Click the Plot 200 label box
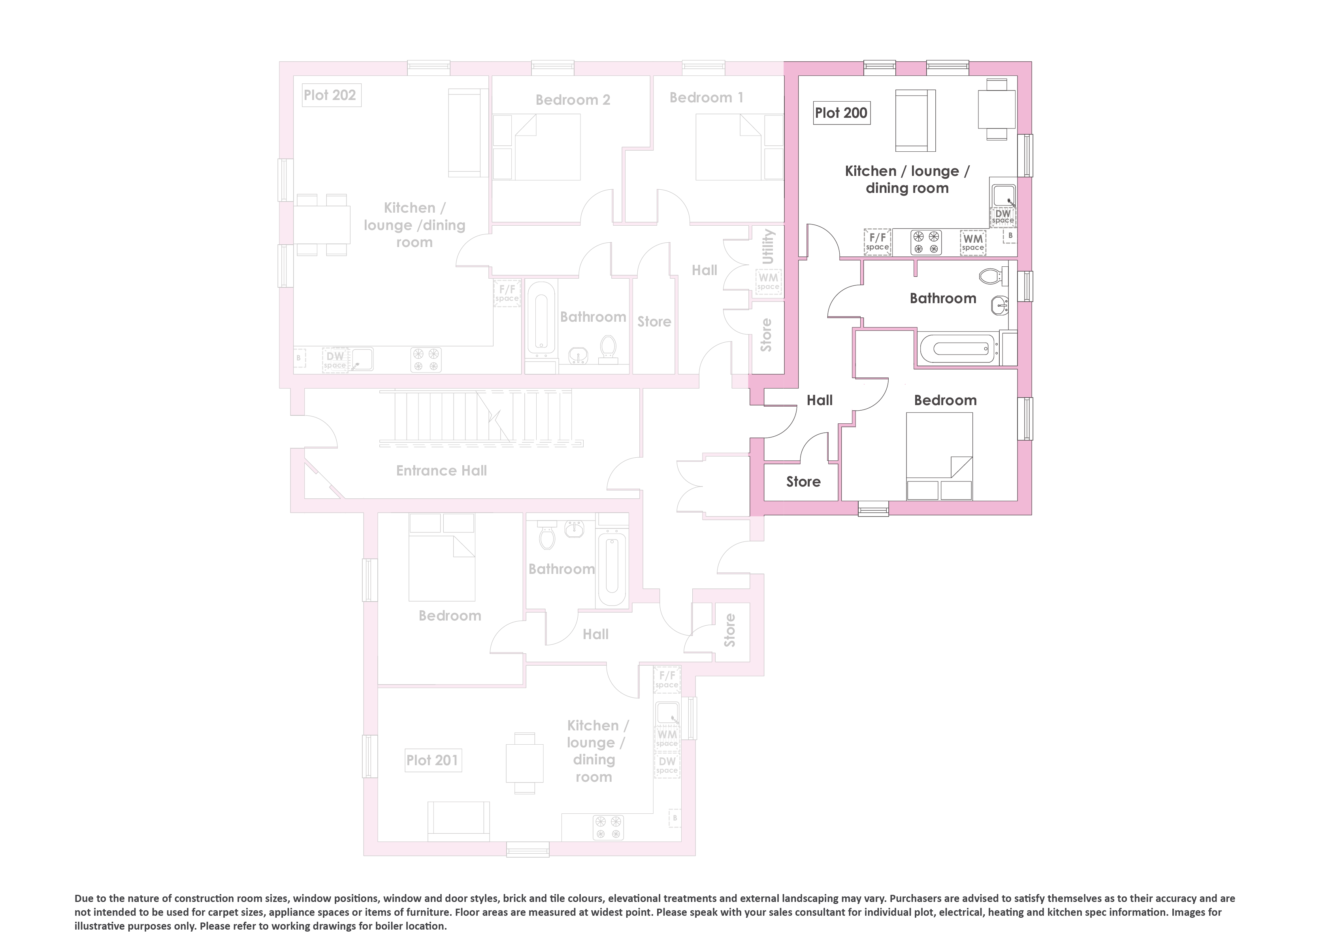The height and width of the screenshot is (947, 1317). pyautogui.click(x=841, y=113)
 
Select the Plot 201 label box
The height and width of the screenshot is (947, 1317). pyautogui.click(x=433, y=760)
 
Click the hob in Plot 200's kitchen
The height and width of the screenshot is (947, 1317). pyautogui.click(x=926, y=242)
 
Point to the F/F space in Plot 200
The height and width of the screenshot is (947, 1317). pyautogui.click(x=878, y=241)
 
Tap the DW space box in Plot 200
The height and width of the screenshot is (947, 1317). pyautogui.click(x=1003, y=216)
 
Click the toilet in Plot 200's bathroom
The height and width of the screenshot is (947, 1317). pyautogui.click(x=993, y=275)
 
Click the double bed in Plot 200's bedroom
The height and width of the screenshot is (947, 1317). pyautogui.click(x=940, y=456)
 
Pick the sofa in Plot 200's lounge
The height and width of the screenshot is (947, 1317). pyautogui.click(x=915, y=120)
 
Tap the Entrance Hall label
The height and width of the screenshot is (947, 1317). pyautogui.click(x=441, y=471)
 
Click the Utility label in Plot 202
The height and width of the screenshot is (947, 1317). pyautogui.click(x=768, y=247)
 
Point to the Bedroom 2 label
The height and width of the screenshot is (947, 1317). pyautogui.click(x=573, y=100)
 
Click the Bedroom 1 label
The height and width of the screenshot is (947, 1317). pyautogui.click(x=706, y=98)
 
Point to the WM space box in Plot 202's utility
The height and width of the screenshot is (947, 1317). pyautogui.click(x=768, y=282)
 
